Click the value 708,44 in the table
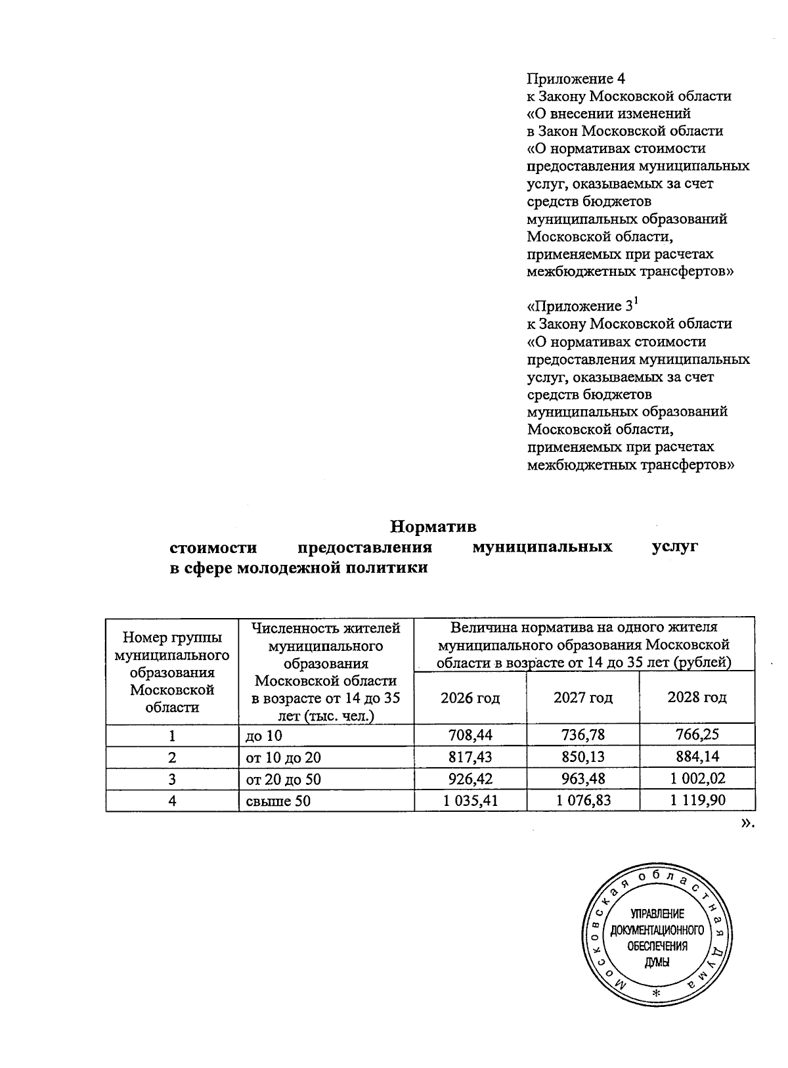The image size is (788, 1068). [x=470, y=734]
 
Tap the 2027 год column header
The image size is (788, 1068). [x=582, y=698]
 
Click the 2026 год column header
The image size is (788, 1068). [x=470, y=698]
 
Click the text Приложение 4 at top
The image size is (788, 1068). [x=576, y=79]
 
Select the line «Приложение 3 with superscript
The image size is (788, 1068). [x=582, y=306]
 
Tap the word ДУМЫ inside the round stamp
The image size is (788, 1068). [x=657, y=961]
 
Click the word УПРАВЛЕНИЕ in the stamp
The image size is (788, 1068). [x=657, y=914]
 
